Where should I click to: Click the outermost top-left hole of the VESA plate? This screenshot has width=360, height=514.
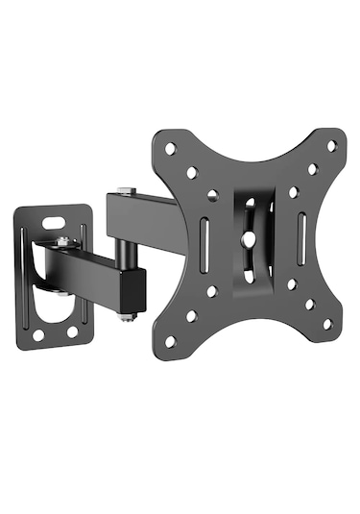[x=170, y=149]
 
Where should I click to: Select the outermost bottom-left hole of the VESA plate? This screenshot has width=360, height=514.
[x=170, y=341]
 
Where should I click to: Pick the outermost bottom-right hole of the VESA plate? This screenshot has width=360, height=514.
[x=326, y=324]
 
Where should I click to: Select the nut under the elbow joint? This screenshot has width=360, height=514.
[x=127, y=315]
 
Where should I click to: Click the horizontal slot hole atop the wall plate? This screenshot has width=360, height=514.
[x=62, y=218]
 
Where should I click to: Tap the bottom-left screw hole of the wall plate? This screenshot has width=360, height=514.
[x=38, y=335]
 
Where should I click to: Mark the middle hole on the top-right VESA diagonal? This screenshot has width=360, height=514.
[x=312, y=169]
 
